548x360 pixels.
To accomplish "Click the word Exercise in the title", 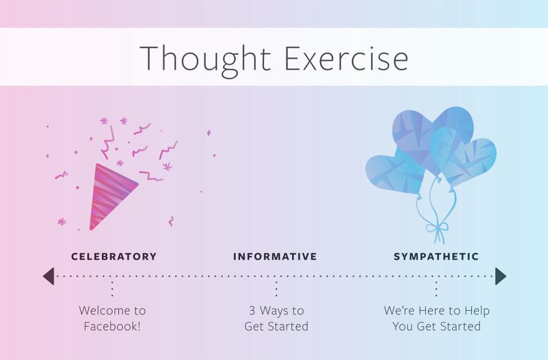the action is coord(346,58).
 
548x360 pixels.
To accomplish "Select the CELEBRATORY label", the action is coord(114,257).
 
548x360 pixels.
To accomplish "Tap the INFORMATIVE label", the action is coord(275,257).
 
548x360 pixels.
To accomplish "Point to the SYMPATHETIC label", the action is coord(436,257).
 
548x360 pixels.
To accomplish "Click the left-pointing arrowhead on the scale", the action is coord(49,276).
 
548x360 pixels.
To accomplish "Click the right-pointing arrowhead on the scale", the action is coord(501,276).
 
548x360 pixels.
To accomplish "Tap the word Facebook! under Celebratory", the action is coord(112,326).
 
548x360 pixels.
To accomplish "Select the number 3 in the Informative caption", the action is coord(252,310).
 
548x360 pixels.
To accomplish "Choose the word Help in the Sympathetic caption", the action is coord(477,311).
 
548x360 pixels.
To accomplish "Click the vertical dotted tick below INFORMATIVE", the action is coord(276,289).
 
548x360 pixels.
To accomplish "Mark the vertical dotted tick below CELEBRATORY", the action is coord(112,289).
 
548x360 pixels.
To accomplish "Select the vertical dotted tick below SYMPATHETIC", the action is coord(436,289).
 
